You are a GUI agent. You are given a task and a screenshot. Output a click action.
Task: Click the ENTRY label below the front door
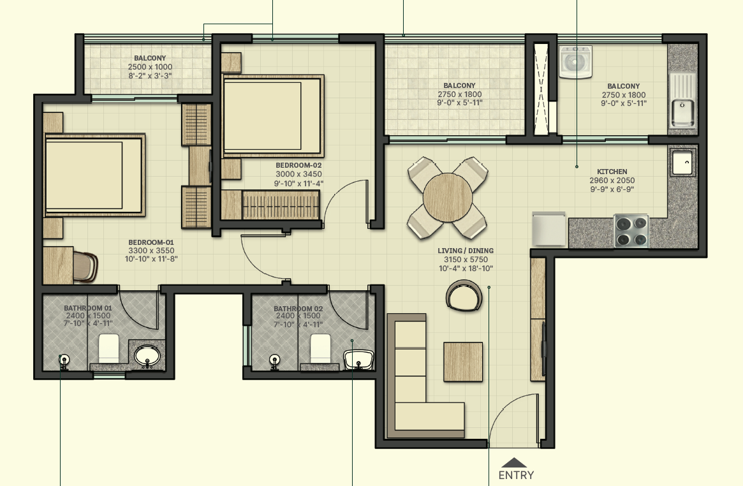coord(516,475)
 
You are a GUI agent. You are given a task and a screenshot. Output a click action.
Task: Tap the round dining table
coord(448,197)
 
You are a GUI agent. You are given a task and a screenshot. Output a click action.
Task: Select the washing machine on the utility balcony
coord(575,62)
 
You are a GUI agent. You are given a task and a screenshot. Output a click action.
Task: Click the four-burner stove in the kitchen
coord(631,231)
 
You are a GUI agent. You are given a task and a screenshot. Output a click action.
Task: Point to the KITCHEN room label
coord(612,172)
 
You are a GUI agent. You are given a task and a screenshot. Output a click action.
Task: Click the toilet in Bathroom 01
coord(109,348)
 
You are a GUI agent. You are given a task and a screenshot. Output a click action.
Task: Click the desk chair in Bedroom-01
coord(85,265)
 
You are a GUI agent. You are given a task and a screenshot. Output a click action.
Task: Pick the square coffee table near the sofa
coord(464,362)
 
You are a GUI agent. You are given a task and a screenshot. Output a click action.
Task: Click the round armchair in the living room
coord(464,297)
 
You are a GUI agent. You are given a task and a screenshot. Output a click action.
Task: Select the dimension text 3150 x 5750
coord(465,260)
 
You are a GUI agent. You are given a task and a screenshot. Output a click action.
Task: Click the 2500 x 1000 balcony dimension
coord(150,67)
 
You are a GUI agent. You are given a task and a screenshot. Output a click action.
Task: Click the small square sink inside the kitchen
coord(682,162)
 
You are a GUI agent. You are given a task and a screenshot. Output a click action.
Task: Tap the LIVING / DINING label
coord(466,251)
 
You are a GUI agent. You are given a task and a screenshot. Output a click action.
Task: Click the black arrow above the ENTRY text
coord(515,463)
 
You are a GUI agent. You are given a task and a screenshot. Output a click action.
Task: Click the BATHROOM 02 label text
coord(298,309)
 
